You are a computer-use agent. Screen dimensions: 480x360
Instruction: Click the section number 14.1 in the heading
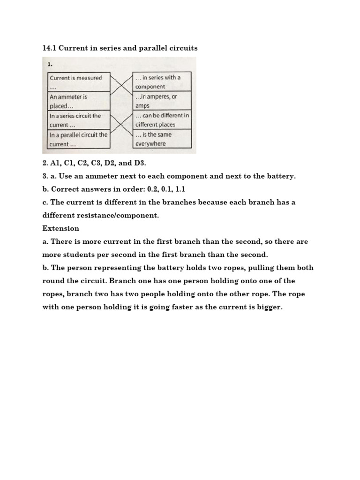pos(49,48)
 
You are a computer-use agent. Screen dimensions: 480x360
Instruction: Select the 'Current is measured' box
pos(79,82)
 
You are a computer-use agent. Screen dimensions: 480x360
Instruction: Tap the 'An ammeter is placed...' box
pos(79,101)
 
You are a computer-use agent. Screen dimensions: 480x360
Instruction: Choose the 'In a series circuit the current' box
pos(79,120)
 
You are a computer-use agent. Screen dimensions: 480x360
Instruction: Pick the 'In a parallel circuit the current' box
pos(79,139)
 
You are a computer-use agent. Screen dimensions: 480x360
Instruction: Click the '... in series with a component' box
pos(162,82)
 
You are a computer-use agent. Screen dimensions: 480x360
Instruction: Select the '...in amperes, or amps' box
pos(162,101)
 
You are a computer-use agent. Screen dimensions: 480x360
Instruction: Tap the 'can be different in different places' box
pos(162,120)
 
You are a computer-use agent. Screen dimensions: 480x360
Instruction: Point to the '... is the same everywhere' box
pos(162,139)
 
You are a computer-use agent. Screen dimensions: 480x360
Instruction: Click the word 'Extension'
pos(60,228)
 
